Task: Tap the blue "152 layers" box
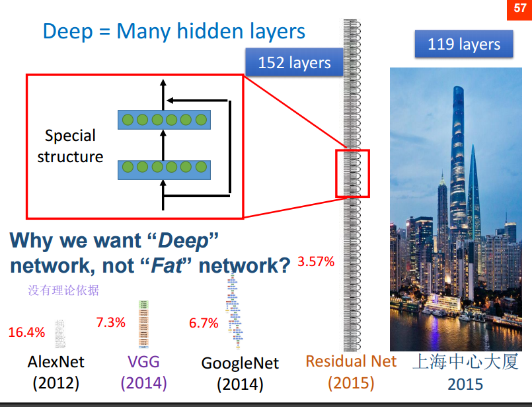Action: (294, 63)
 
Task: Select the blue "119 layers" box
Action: (464, 45)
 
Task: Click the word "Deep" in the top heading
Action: (67, 31)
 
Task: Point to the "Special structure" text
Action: (70, 146)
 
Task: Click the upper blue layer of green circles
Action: (164, 120)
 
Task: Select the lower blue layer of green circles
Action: (164, 169)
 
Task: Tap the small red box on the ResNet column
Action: (352, 173)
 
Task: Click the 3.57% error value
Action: (316, 261)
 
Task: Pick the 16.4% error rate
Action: (26, 332)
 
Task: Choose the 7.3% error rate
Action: (110, 322)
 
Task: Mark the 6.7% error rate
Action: (204, 323)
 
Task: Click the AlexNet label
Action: (56, 362)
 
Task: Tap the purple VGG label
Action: (143, 361)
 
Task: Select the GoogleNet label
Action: (240, 363)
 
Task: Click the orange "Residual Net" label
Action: (351, 361)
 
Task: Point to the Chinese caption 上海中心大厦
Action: (465, 361)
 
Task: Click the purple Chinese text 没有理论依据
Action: (63, 290)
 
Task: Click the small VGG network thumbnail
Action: (143, 324)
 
